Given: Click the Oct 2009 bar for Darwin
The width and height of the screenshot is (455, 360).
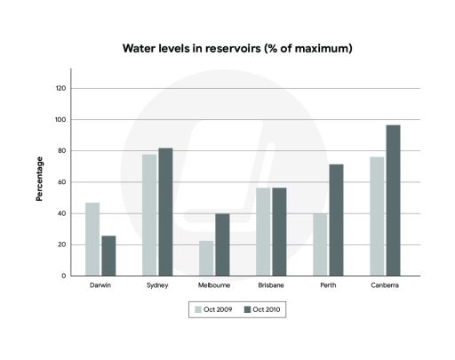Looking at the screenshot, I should click(92, 239).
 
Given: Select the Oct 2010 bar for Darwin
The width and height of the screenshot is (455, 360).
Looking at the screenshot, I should click(108, 256).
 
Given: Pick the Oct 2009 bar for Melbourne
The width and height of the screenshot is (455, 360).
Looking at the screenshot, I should click(206, 258).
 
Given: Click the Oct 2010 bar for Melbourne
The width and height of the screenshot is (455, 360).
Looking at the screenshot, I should click(222, 244).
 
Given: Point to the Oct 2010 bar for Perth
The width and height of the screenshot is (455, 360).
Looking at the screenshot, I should click(336, 220).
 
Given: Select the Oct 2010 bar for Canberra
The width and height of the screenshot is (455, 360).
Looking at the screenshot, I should click(393, 200).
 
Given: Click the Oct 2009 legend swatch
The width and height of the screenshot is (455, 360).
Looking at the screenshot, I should click(198, 309).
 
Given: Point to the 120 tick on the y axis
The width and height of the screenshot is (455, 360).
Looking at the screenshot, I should click(60, 89).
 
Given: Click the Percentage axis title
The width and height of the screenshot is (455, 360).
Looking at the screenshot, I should click(39, 180).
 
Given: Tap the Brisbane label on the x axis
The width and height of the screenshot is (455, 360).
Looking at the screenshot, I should click(270, 286).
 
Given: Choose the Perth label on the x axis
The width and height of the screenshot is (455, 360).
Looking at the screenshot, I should click(328, 286).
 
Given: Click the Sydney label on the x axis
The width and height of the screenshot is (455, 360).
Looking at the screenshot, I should click(157, 286).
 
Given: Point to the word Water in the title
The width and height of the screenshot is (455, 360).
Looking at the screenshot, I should click(140, 48).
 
